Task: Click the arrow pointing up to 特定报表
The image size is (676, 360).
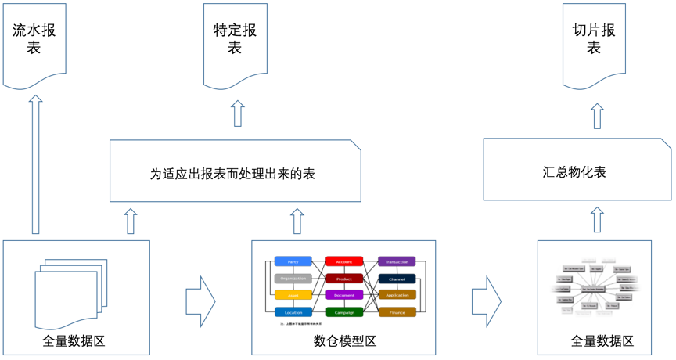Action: click(237, 113)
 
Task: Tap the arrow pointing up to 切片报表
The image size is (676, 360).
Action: click(597, 115)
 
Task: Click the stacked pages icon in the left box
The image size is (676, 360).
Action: click(67, 290)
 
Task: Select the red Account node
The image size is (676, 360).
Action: click(344, 261)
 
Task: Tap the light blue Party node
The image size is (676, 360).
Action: click(293, 261)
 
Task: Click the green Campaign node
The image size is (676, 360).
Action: click(344, 312)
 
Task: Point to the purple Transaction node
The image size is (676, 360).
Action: click(397, 261)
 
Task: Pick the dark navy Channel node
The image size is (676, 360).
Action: click(397, 279)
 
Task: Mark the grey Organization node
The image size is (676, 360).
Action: click(293, 279)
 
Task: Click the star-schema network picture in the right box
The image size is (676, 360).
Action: click(596, 288)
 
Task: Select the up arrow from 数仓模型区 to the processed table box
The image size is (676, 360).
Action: click(297, 221)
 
